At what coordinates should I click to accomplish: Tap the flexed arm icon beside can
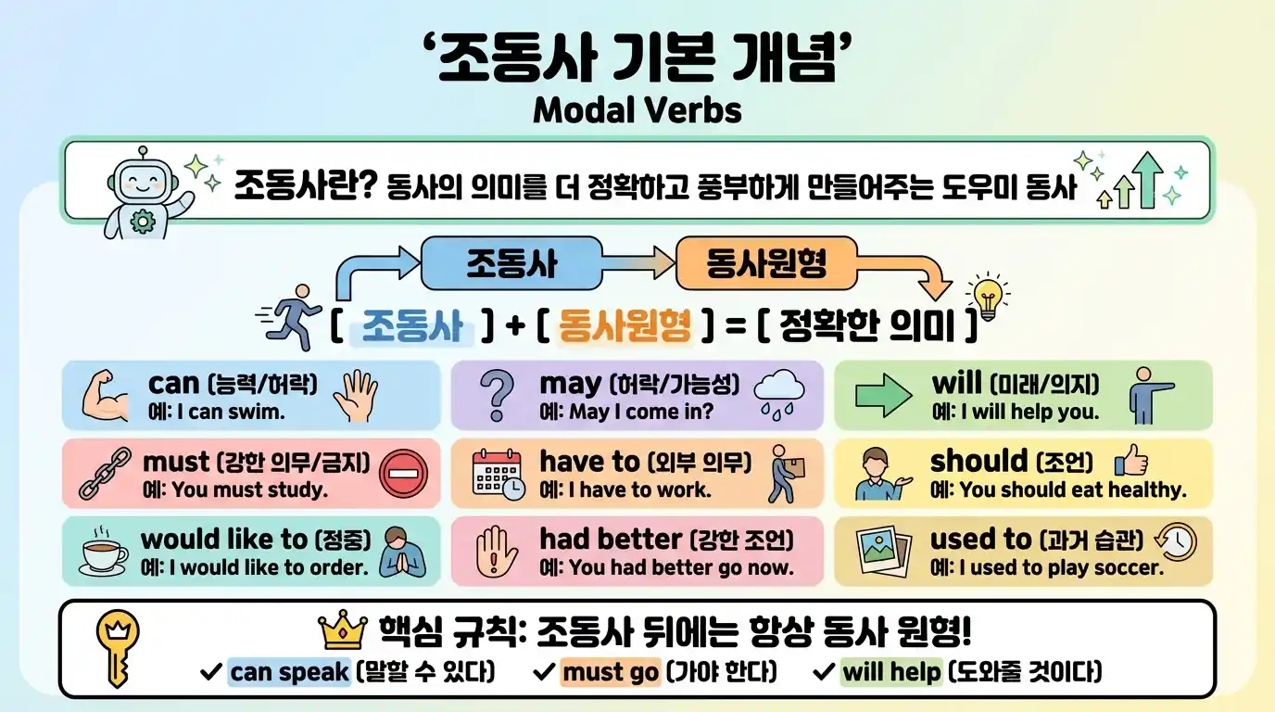[108, 396]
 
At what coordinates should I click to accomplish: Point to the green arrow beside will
[883, 397]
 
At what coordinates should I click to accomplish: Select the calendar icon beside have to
[499, 474]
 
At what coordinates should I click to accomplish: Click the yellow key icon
[118, 648]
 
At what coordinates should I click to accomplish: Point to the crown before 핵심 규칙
[344, 632]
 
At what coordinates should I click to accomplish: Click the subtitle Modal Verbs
[637, 111]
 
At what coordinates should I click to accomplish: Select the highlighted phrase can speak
[289, 672]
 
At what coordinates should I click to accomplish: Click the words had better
[611, 539]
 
